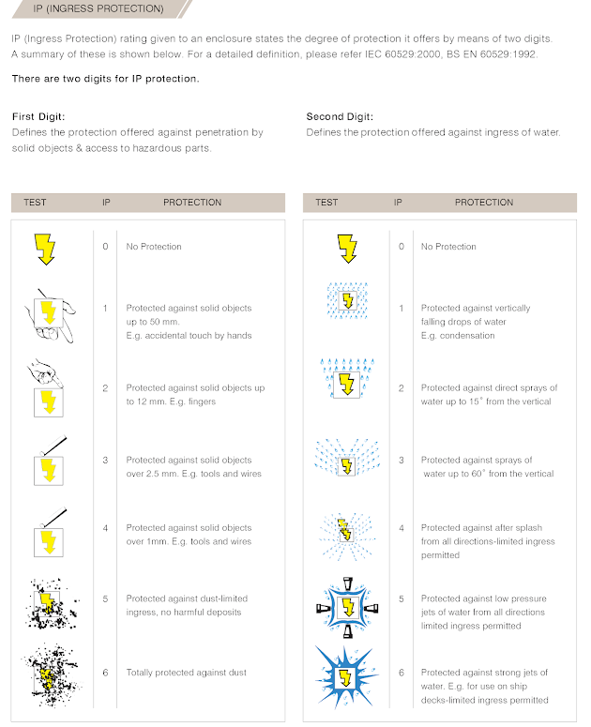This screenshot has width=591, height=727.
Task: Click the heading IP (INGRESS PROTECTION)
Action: tap(87, 9)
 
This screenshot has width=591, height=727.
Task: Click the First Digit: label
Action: tap(37, 117)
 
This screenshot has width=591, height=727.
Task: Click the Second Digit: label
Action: tap(340, 117)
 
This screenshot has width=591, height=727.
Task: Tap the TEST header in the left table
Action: tap(35, 202)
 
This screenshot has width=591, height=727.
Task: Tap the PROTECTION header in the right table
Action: tap(484, 202)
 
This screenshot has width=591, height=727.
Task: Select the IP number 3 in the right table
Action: tap(401, 461)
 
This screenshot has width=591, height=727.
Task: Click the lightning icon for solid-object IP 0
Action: tap(45, 249)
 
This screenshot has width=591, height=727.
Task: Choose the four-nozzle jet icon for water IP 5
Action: tap(345, 605)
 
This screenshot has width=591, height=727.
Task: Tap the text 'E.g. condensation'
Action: tap(458, 335)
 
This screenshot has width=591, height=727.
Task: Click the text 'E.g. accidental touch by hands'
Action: tap(189, 335)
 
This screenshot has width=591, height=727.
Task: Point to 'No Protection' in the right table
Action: tap(448, 247)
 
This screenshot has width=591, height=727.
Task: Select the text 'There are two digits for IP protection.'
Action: tap(105, 79)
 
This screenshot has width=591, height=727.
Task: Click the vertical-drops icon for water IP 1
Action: tap(346, 300)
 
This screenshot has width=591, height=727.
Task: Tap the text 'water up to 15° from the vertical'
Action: tap(486, 401)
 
